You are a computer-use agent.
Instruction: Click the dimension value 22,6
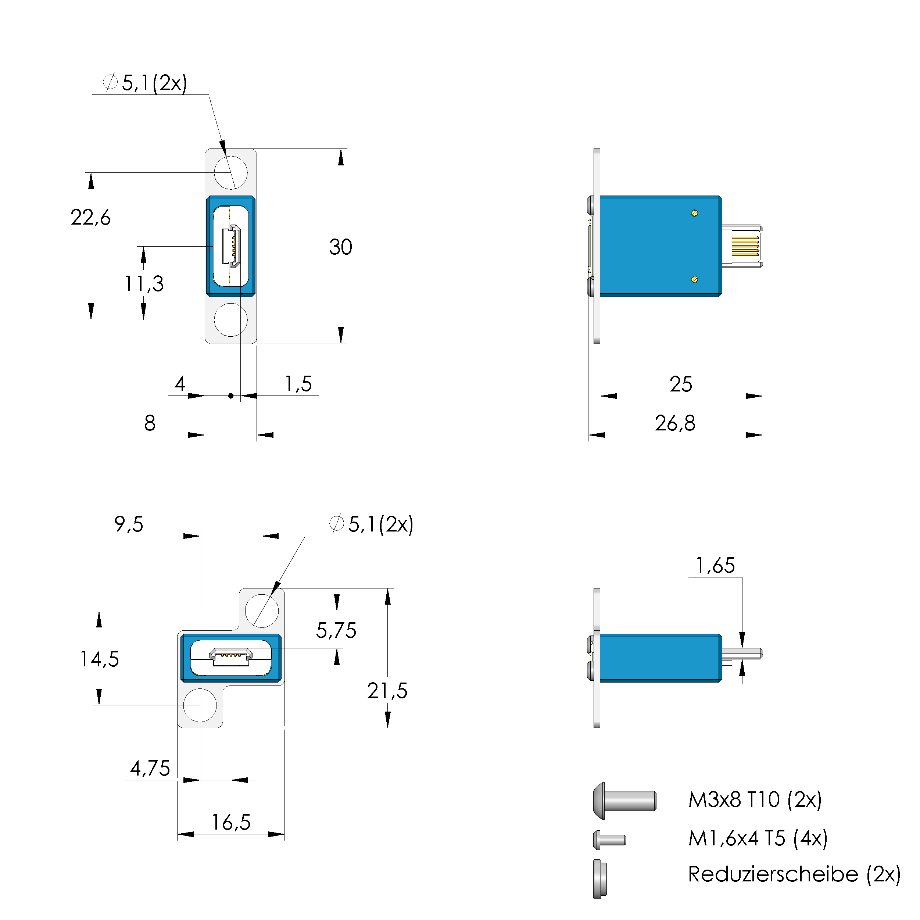pos(90,218)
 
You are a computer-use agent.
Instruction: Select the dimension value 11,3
pos(144,284)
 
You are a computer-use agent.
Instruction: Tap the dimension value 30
pos(340,247)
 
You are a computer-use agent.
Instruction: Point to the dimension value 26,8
pos(675,423)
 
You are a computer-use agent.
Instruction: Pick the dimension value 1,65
pos(715,566)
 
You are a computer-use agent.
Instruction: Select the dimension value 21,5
pos(387,691)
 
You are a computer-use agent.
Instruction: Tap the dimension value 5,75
pos(336,630)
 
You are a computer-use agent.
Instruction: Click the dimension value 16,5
pos(231,822)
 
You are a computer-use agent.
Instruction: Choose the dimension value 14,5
pos(99,659)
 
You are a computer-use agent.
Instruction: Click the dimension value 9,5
pos(129,524)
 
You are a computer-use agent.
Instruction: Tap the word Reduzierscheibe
pos(773,874)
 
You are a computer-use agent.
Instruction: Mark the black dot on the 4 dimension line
pos(231,396)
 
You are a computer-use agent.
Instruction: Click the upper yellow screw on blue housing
pos(694,213)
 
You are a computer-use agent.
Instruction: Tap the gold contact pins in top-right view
pos(745,246)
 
